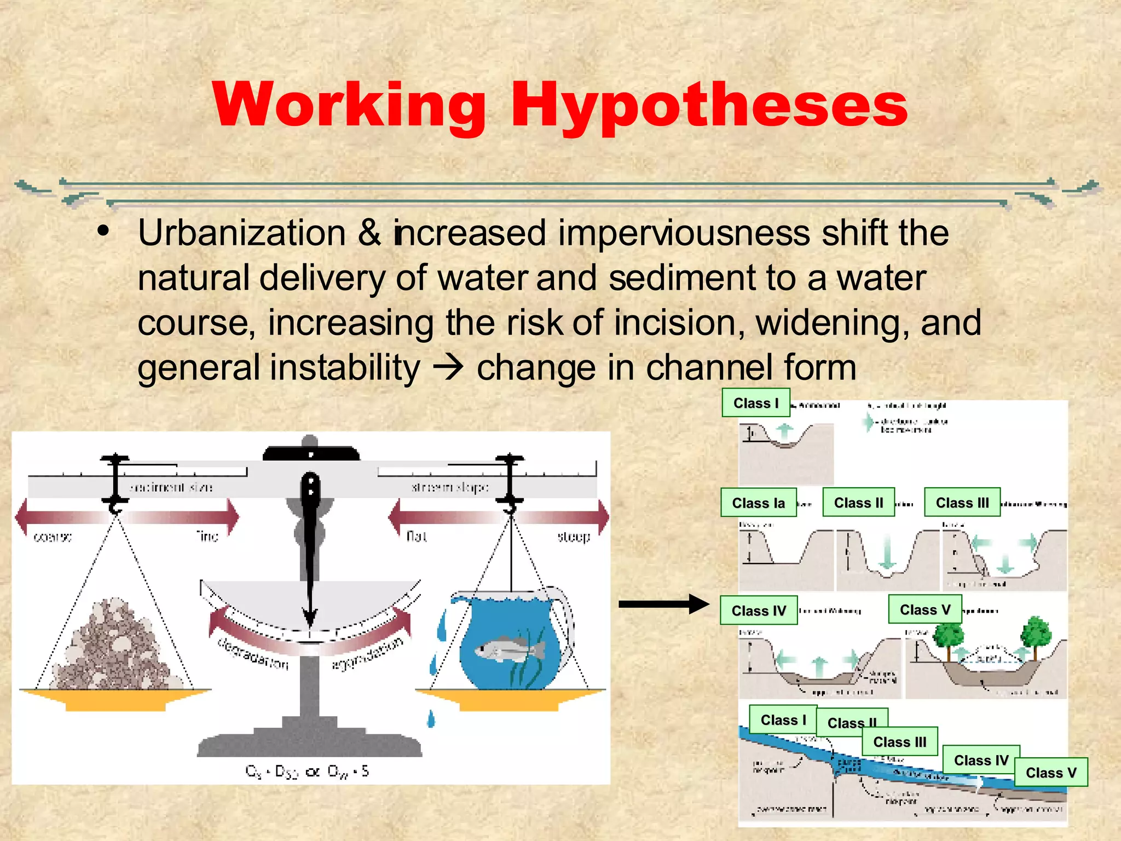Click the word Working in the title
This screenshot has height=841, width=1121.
349,105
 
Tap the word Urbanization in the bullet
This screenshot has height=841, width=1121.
241,233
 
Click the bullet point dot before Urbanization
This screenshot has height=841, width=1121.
103,232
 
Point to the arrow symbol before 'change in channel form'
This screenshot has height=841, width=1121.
448,368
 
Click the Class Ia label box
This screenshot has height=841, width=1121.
758,503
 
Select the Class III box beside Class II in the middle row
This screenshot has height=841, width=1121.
962,502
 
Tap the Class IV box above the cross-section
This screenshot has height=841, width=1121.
758,610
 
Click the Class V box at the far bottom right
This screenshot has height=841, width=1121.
1050,772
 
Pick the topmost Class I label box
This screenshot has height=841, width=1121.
755,402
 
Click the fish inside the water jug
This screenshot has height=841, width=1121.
509,650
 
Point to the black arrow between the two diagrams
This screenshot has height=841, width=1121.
663,604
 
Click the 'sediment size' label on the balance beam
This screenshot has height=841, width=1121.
171,487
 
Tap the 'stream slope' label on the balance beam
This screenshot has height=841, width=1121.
449,487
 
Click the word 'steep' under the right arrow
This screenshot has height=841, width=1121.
573,536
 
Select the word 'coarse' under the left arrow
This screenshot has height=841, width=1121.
53,536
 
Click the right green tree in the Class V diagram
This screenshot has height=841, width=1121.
1035,635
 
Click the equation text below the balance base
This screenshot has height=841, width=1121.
307,771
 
